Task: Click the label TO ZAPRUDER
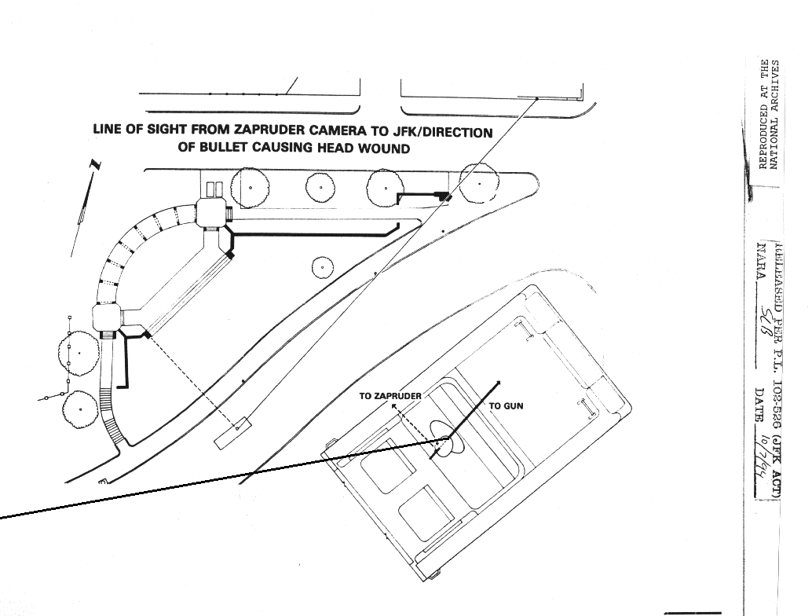pyautogui.click(x=390, y=396)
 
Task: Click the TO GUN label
pyautogui.click(x=506, y=406)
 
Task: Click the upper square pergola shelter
pyautogui.click(x=211, y=212)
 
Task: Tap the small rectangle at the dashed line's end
pyautogui.click(x=232, y=433)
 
